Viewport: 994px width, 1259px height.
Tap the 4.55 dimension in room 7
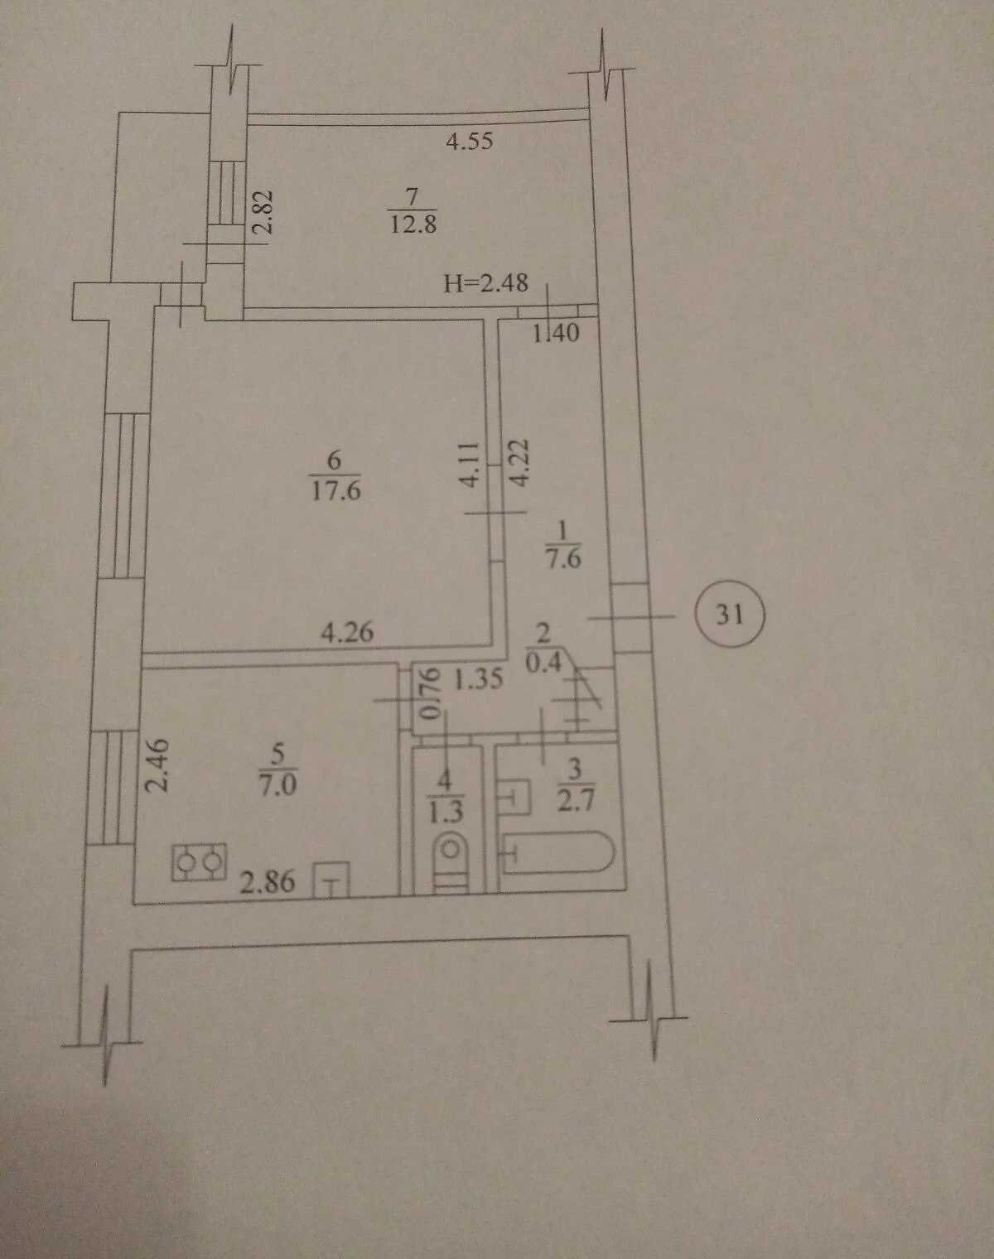[469, 141]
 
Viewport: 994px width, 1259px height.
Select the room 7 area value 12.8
[413, 224]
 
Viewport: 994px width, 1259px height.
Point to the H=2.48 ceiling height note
[485, 283]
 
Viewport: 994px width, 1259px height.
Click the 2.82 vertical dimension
[264, 211]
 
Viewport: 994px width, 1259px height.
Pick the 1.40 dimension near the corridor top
[556, 333]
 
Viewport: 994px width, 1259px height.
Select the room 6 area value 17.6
[335, 490]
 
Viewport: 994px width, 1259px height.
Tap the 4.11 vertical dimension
[470, 465]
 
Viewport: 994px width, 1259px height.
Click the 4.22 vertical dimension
[519, 463]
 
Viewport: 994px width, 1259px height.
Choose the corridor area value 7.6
[563, 559]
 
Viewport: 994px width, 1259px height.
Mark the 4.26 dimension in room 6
[348, 633]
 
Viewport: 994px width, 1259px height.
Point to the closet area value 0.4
[543, 663]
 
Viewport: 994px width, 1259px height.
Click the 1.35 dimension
[479, 680]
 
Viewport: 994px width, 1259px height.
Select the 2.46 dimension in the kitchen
[157, 765]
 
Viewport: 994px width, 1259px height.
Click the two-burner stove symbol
[199, 861]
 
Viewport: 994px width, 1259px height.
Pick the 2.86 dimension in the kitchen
[268, 881]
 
